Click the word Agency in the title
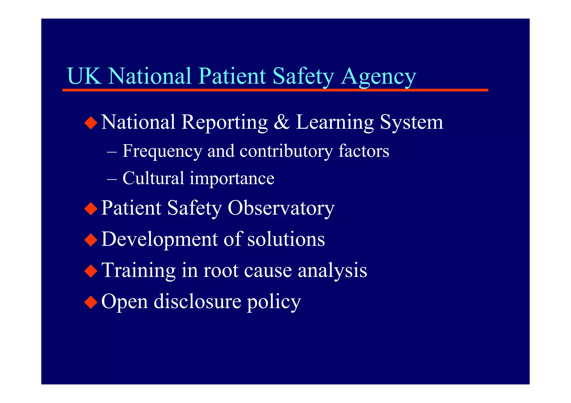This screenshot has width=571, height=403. point(378,76)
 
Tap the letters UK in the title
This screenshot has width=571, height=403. point(84,76)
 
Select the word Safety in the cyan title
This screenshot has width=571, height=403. point(303,76)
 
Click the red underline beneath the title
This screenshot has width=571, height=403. point(275,90)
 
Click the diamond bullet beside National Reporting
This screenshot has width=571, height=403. point(91,123)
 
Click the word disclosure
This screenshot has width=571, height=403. point(197,302)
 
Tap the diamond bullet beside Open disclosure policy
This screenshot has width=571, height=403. point(91,302)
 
